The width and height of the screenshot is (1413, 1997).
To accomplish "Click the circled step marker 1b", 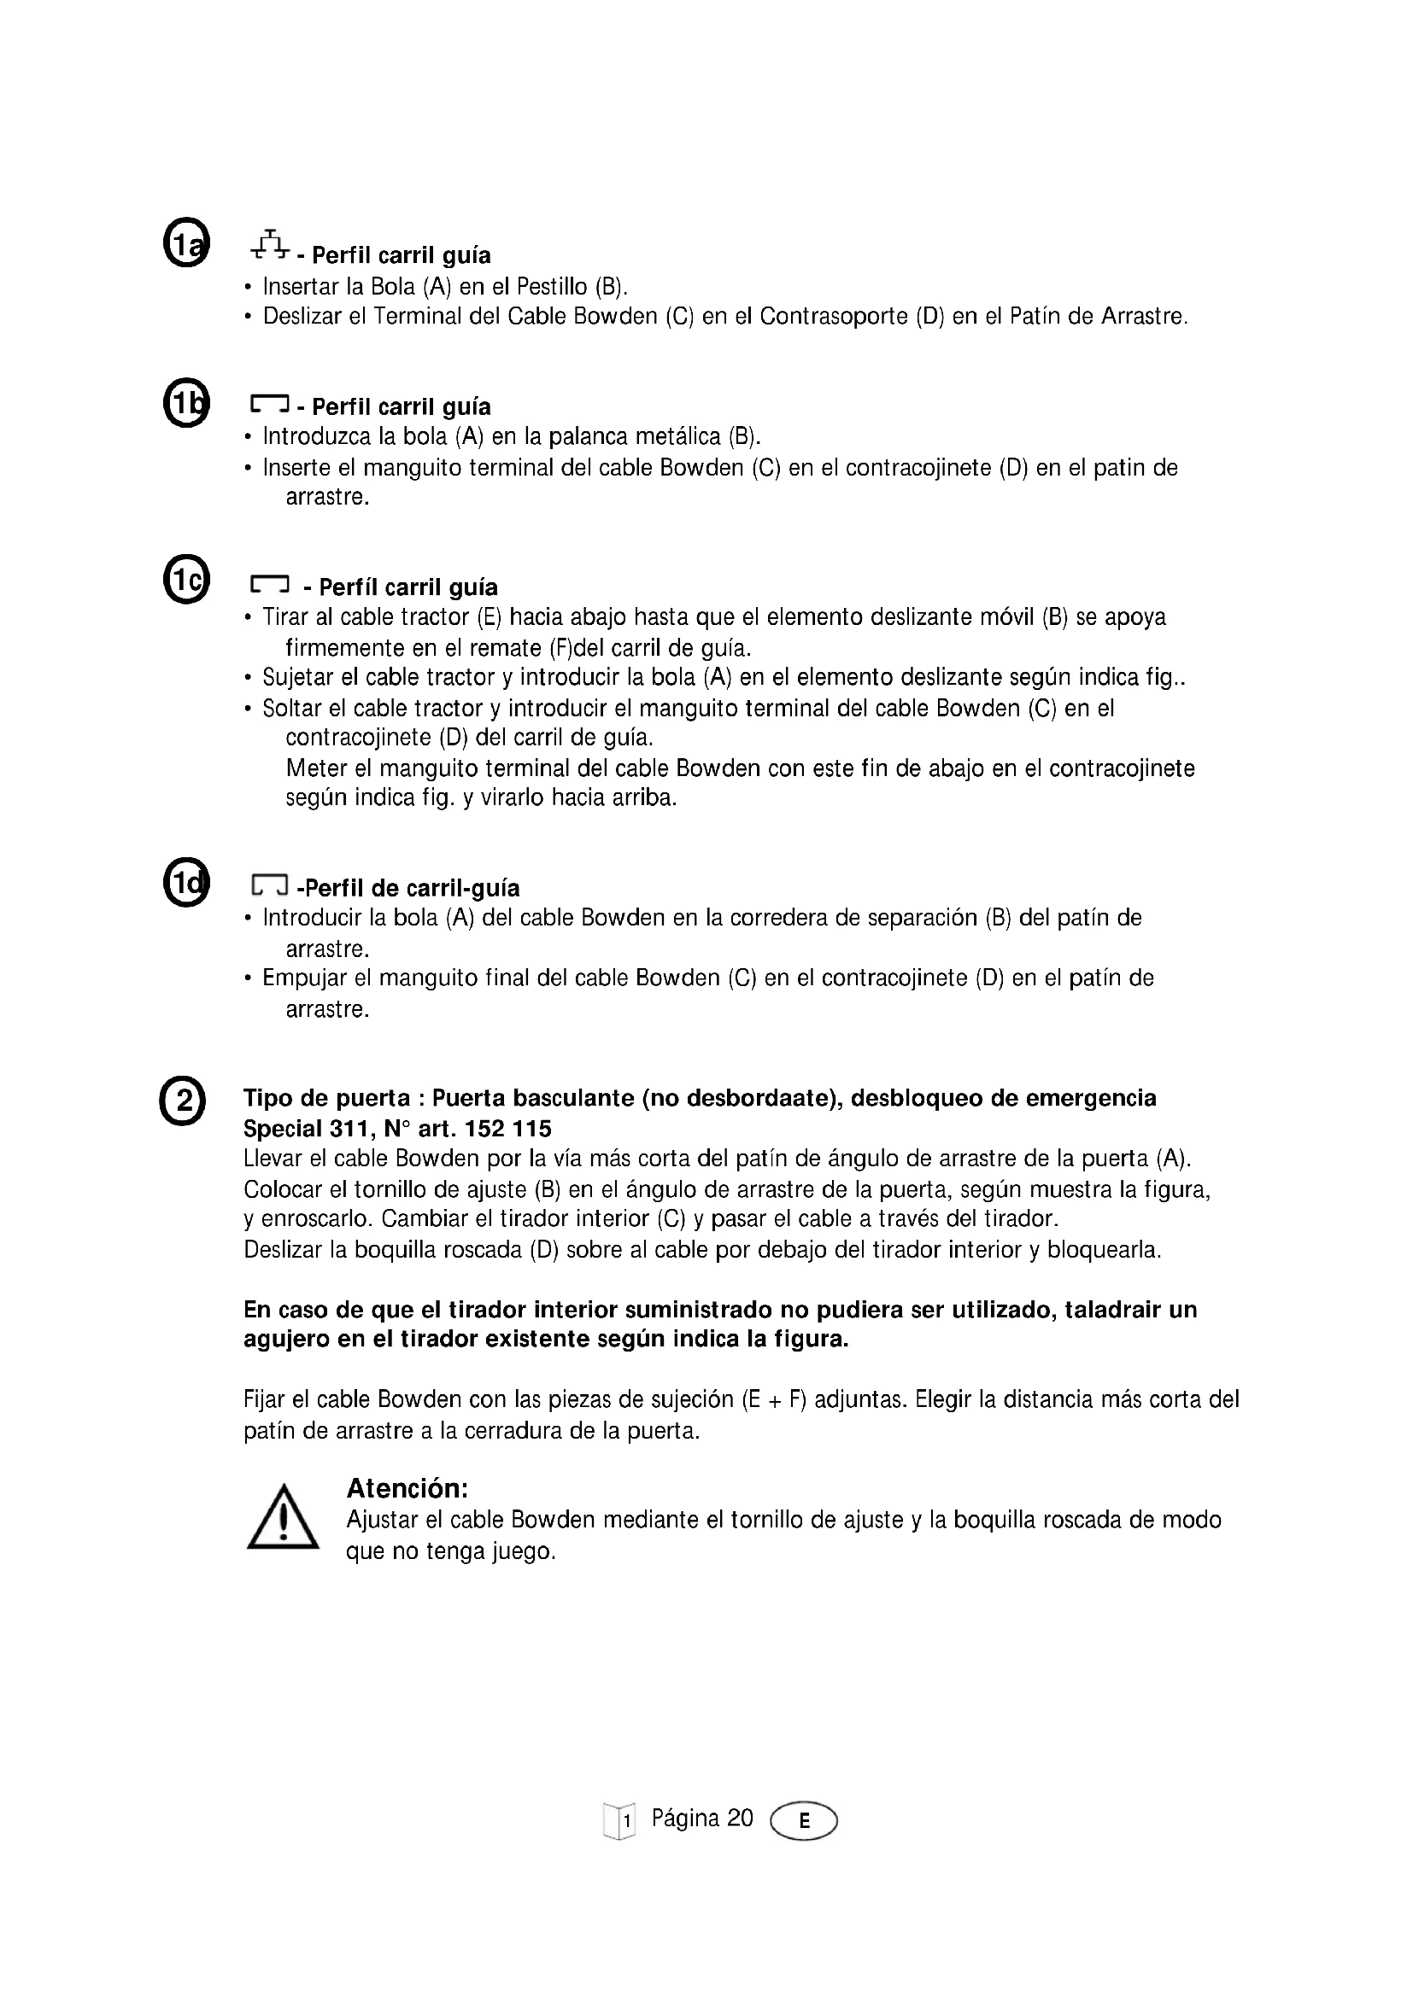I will tap(186, 404).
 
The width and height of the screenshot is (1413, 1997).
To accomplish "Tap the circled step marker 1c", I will tap(186, 578).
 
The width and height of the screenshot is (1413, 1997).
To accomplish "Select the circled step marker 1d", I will tap(186, 883).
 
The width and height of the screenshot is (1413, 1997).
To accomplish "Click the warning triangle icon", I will tap(282, 1518).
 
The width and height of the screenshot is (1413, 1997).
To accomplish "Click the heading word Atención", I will tap(407, 1489).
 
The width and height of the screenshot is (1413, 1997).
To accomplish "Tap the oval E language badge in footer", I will tap(804, 1820).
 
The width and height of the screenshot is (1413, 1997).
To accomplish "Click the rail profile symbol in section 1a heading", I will tap(270, 246).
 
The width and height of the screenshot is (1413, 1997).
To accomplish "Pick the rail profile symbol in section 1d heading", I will tap(269, 885).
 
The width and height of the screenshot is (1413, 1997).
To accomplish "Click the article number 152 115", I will tap(508, 1129).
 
